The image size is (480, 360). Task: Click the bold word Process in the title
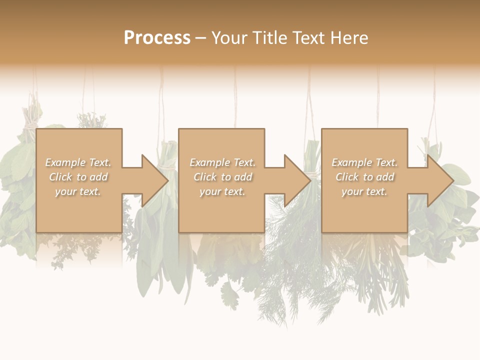point(157,38)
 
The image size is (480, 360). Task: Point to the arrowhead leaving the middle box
point(296,180)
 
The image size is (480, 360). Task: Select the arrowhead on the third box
point(439,180)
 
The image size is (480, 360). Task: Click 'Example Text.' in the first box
point(78,162)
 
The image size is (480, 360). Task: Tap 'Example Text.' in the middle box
point(222,162)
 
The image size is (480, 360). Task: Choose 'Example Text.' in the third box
point(364,162)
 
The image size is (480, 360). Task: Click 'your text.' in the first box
point(78,191)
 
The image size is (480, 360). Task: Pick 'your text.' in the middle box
point(222,191)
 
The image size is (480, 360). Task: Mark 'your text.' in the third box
point(364,191)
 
